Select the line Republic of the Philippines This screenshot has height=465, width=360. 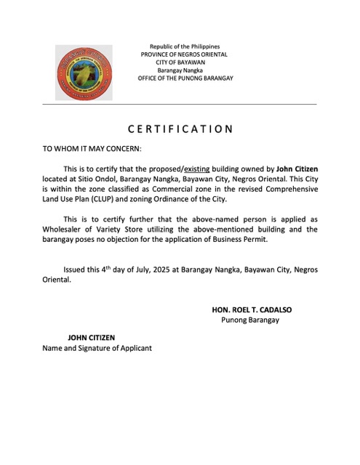pyautogui.click(x=185, y=46)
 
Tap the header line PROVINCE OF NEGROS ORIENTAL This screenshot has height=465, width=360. pyautogui.click(x=185, y=54)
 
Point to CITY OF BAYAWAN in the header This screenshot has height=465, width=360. pyautogui.click(x=185, y=62)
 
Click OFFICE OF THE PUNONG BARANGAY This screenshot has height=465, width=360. pyautogui.click(x=185, y=78)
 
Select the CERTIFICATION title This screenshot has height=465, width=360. pyautogui.click(x=180, y=129)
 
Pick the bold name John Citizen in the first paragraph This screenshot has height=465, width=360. pyautogui.click(x=297, y=169)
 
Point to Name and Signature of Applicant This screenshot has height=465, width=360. pyautogui.click(x=97, y=348)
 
